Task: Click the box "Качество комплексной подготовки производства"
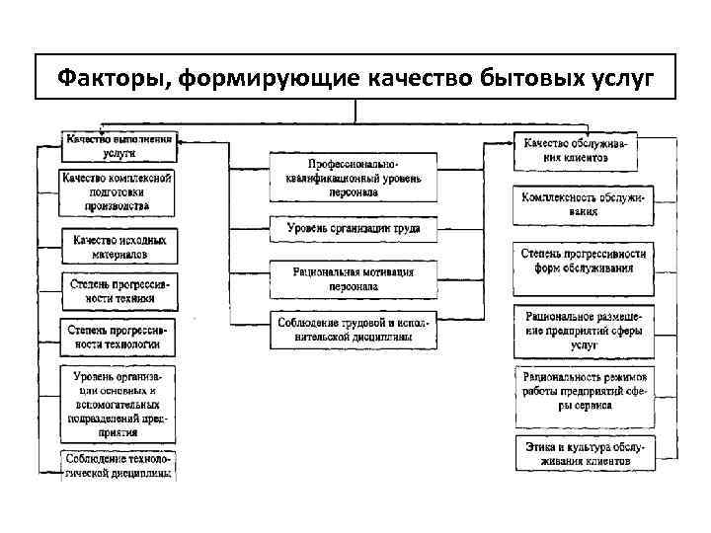pos(118,192)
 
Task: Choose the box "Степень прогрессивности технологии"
pos(118,338)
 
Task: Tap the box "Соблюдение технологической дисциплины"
pos(118,465)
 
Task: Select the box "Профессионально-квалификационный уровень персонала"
pos(354,178)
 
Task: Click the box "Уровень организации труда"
pos(354,229)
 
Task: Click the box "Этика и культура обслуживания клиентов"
pos(583,453)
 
